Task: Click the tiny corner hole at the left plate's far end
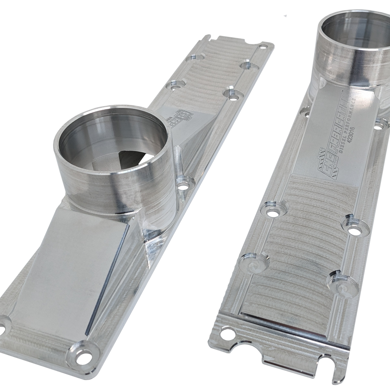[260, 45]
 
